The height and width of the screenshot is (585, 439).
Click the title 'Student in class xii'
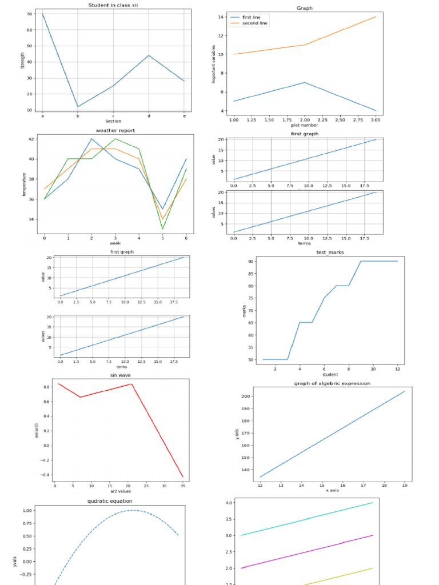[113, 5]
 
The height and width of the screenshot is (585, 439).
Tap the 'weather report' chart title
[115, 130]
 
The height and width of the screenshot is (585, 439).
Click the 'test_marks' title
[330, 252]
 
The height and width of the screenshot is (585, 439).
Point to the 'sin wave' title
[121, 375]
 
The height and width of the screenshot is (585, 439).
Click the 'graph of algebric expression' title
[332, 383]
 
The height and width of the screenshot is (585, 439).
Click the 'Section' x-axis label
[113, 121]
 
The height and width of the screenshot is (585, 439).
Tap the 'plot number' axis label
[305, 125]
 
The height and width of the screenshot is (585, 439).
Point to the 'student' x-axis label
[330, 375]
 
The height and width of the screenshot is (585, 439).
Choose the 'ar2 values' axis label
[121, 491]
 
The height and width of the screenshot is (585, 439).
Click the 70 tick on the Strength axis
[30, 14]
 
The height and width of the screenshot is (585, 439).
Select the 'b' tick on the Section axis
[78, 116]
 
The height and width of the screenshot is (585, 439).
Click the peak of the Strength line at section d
[149, 55]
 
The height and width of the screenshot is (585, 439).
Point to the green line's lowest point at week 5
[163, 229]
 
